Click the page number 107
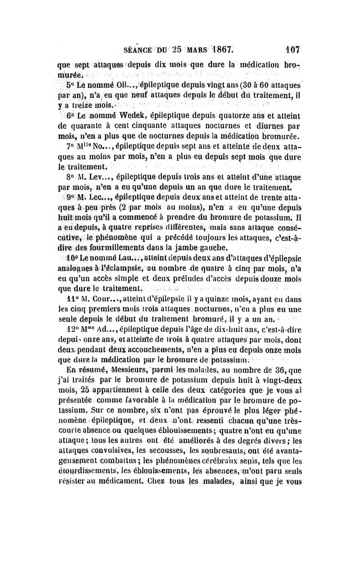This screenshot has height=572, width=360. (292, 48)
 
